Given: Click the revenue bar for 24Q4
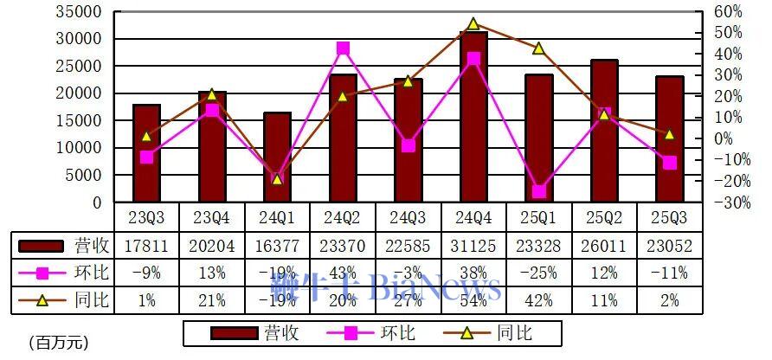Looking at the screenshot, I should (473, 117).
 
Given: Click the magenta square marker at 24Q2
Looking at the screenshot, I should (343, 48).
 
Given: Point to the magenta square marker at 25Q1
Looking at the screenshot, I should (538, 191).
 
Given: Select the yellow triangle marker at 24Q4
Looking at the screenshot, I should (473, 24).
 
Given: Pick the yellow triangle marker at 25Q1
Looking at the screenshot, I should (538, 48).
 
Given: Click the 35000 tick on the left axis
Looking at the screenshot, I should (76, 12).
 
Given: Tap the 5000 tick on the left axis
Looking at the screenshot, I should (80, 175).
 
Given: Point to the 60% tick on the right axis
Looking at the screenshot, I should (728, 12).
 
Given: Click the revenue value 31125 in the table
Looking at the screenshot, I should (473, 246).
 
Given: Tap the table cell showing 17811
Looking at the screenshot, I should (146, 246).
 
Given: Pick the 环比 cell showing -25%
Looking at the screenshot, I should (538, 273).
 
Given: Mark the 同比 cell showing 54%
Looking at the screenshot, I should (473, 301).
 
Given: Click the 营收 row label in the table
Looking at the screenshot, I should (87, 246).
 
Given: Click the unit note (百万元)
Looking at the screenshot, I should (58, 343).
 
